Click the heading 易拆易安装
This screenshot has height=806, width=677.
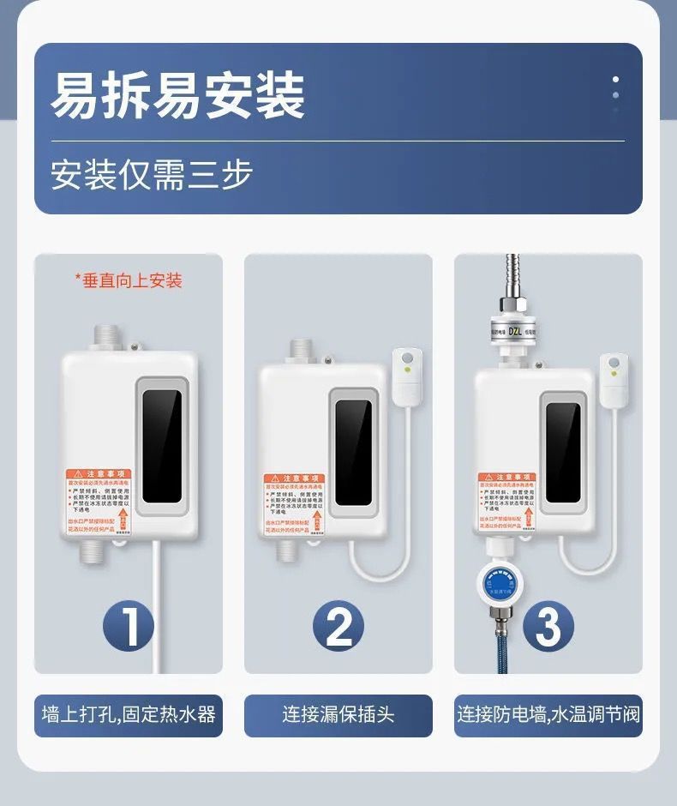click(x=177, y=95)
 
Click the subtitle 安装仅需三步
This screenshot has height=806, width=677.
click(x=152, y=174)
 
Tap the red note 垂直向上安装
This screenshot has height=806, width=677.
click(x=129, y=280)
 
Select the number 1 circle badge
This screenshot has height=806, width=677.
click(x=129, y=627)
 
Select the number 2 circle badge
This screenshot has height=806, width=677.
click(x=338, y=627)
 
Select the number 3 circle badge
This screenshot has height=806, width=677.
click(x=548, y=627)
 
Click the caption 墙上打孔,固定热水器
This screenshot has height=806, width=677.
click(x=129, y=714)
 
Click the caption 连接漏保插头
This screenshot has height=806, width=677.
click(x=338, y=714)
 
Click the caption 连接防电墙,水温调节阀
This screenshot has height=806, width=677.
click(x=548, y=714)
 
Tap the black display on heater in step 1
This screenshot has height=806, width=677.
click(x=162, y=446)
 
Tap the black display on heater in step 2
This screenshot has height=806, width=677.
click(x=353, y=452)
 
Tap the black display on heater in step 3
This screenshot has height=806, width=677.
click(x=563, y=452)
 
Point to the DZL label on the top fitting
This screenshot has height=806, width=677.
click(x=514, y=330)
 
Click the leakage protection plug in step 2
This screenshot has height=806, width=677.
click(x=408, y=376)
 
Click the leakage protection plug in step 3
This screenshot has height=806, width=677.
click(x=614, y=379)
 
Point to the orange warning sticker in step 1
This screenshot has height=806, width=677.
click(x=97, y=502)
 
